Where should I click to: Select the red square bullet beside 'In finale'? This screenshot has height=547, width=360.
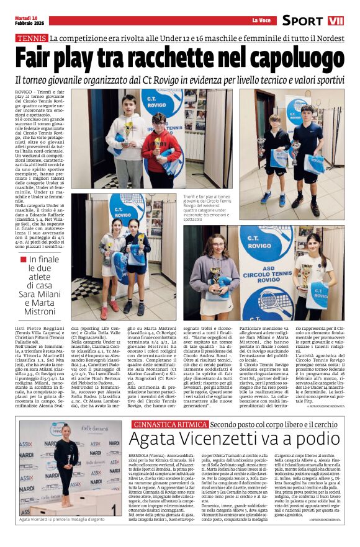coord(23,259)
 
